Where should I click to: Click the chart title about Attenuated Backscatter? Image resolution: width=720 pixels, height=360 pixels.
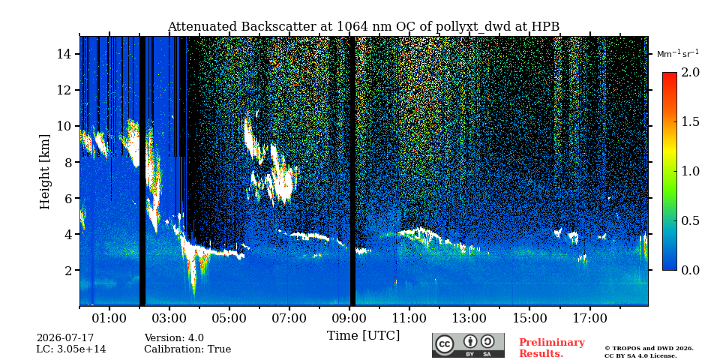363,27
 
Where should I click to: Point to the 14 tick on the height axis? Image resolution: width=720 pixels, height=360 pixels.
77,54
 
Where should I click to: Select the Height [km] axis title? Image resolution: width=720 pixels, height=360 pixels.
44,172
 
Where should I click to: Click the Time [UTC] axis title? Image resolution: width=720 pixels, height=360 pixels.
363,336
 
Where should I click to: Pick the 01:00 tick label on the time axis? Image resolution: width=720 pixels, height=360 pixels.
109,318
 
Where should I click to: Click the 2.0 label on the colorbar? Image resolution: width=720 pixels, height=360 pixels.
690,73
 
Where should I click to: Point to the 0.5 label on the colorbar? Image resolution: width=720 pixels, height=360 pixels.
690,220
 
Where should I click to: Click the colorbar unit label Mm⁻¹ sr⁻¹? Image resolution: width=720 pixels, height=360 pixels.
678,54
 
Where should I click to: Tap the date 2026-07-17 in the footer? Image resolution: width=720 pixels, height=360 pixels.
65,338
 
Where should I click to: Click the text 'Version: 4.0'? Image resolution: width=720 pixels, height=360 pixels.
174,338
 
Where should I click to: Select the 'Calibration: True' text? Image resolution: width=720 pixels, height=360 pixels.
187,349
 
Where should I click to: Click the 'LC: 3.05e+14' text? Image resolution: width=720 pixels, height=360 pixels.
71,349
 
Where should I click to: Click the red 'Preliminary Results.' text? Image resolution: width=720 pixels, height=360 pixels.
552,348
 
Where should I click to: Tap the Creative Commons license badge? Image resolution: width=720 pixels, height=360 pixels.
468,345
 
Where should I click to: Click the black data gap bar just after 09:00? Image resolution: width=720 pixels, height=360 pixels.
352,171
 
